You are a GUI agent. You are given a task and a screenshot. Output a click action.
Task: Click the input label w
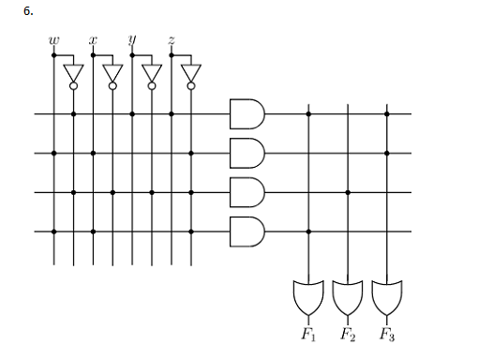point(53,41)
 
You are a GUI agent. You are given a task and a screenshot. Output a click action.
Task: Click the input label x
point(93,41)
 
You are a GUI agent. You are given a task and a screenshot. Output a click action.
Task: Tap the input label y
point(132,41)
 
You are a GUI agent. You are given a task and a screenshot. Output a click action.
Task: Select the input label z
point(172,41)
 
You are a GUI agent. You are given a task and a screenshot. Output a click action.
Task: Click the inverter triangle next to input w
point(73,73)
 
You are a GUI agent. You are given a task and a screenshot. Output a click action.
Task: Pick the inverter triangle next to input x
point(112,73)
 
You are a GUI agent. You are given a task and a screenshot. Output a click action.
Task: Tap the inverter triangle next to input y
point(152,73)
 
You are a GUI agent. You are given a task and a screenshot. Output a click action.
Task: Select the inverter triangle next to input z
point(191,73)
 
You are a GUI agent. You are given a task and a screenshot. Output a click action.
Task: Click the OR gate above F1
point(308,297)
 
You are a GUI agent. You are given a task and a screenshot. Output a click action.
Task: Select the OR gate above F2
point(348,297)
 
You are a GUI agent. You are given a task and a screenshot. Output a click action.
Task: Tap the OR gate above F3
point(387,297)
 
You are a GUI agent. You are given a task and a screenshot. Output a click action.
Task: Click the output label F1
point(308,335)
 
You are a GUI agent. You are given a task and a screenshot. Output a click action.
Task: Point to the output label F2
point(348,335)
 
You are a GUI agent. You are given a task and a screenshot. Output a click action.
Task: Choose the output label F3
point(387,335)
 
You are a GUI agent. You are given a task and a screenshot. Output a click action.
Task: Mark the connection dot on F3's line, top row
point(387,114)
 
